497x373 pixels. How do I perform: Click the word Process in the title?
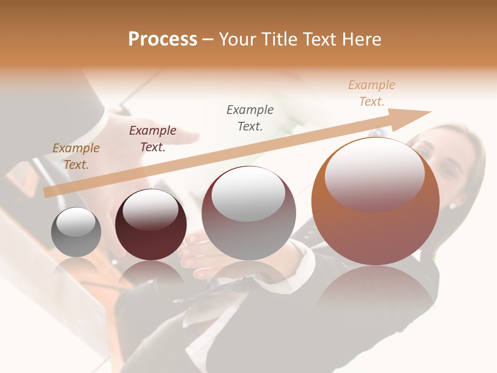[x=163, y=39]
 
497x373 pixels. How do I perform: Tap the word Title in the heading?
[x=276, y=39]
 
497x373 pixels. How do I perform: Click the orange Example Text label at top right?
[x=372, y=93]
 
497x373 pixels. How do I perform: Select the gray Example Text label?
[x=250, y=118]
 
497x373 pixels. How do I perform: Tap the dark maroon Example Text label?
[x=153, y=139]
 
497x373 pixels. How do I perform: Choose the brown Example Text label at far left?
[x=76, y=156]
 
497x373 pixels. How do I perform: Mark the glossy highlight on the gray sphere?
[x=76, y=222]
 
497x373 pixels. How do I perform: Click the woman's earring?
[x=452, y=206]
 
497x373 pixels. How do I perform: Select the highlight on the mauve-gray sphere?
[x=248, y=193]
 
